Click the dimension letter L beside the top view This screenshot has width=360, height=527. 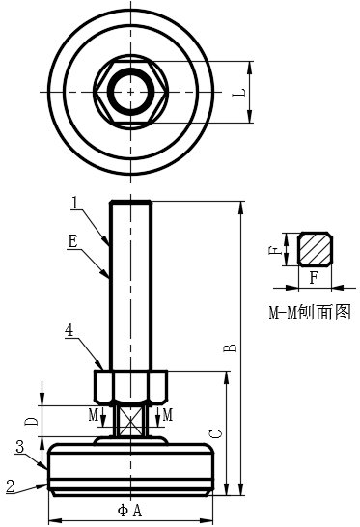[239, 93]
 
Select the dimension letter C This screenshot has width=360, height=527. [217, 434]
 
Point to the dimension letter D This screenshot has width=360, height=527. [31, 421]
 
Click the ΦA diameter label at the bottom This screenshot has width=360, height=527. [130, 511]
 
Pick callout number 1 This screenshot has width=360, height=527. [76, 203]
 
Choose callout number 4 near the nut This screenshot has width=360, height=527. [69, 330]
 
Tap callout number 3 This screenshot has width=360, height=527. [20, 447]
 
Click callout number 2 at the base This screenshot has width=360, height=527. [11, 486]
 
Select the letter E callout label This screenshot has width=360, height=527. [72, 241]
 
